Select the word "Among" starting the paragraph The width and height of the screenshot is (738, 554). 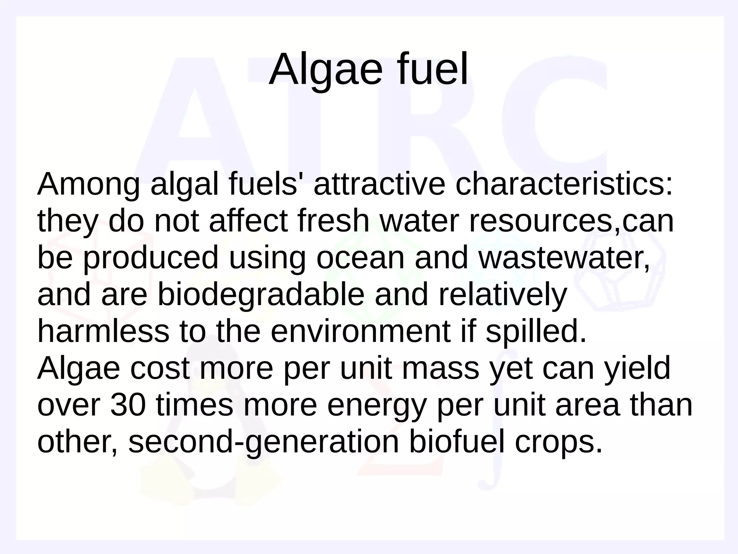pyautogui.click(x=88, y=185)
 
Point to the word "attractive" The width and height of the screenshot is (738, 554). pyautogui.click(x=380, y=185)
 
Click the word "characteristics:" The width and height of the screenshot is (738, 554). pyautogui.click(x=564, y=185)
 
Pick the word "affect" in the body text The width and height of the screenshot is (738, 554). pyautogui.click(x=249, y=221)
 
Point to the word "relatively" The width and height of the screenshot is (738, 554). pyautogui.click(x=502, y=295)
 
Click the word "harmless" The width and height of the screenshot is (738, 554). pyautogui.click(x=103, y=331)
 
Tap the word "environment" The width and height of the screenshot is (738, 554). pyautogui.click(x=360, y=331)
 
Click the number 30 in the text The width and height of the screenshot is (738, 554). pyautogui.click(x=128, y=405)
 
